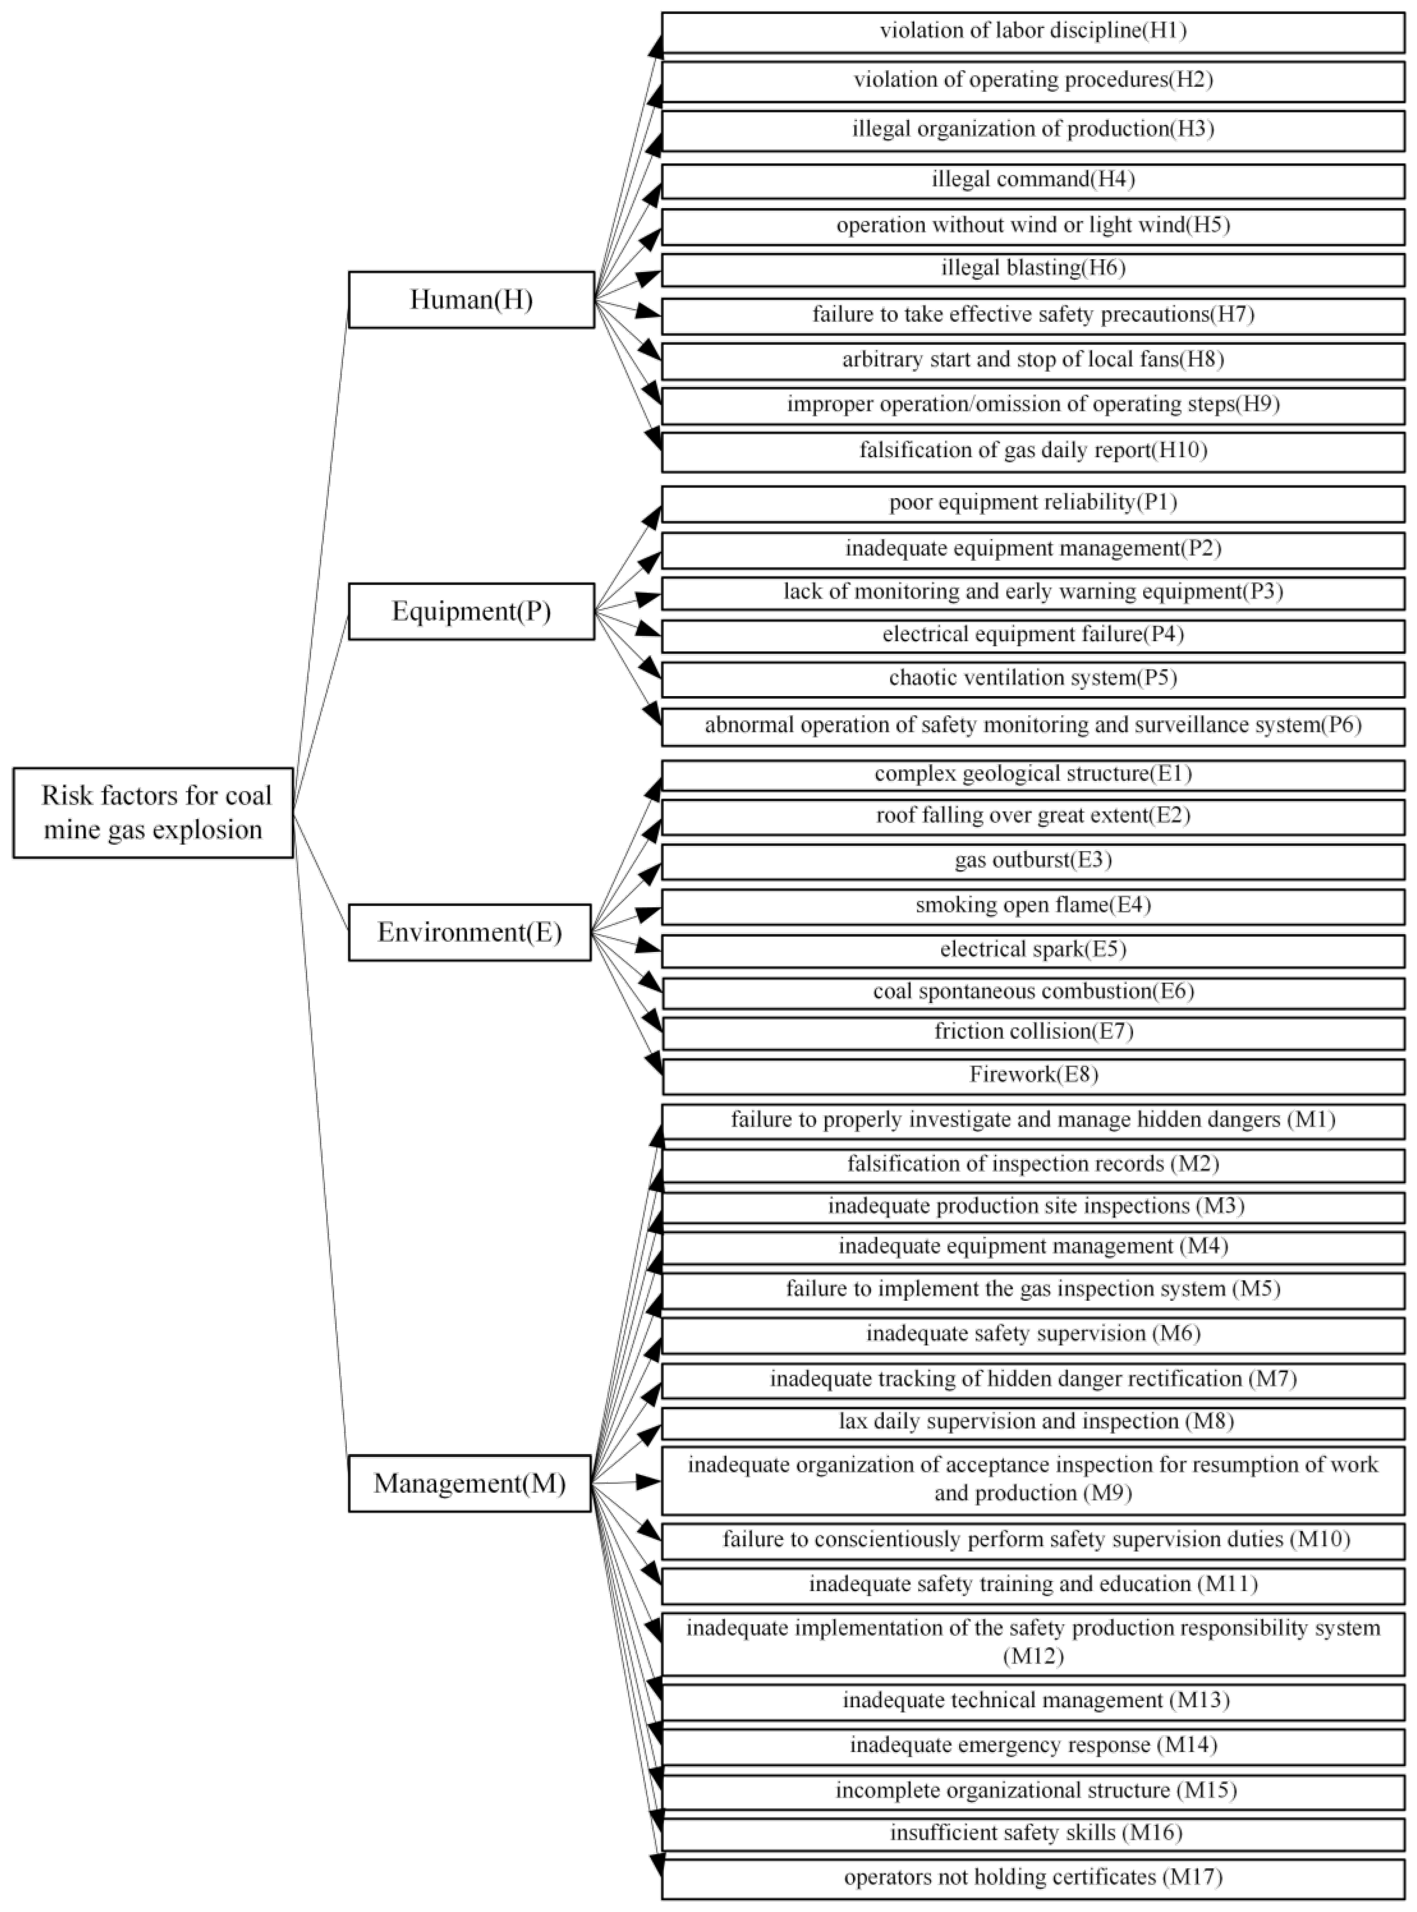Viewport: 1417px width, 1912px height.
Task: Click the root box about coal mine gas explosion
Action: (153, 812)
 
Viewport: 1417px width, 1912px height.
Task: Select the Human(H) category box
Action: (471, 299)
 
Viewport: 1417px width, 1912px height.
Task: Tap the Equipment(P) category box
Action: (471, 611)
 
